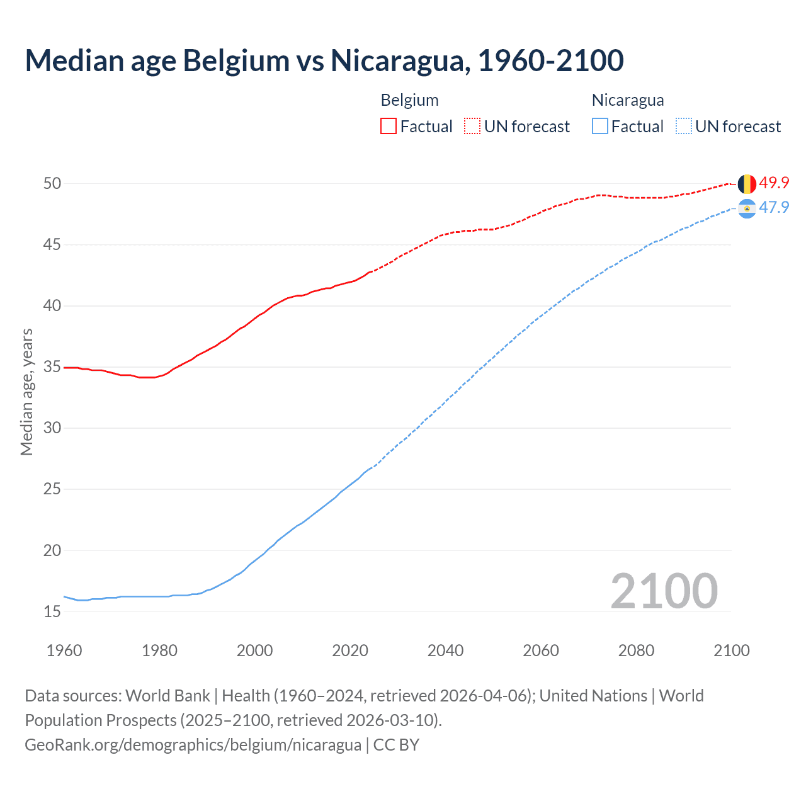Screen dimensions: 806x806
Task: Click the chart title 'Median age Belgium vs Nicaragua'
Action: tap(324, 60)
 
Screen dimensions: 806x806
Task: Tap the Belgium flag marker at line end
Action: tap(747, 184)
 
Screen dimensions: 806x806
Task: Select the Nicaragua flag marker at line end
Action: tap(747, 208)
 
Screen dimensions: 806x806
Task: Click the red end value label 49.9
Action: tap(774, 183)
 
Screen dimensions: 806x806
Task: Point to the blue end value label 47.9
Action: tap(774, 208)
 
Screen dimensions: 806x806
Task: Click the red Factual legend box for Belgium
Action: tap(389, 126)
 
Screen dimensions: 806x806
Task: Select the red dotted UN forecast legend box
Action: tap(472, 126)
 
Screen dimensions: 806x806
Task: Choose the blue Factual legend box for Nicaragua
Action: tap(600, 126)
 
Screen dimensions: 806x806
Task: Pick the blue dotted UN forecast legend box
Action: tap(684, 126)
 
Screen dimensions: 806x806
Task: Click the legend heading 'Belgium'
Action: tap(409, 100)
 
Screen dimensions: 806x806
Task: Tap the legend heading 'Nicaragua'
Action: tap(627, 100)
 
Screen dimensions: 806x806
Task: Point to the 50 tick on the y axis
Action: tap(52, 183)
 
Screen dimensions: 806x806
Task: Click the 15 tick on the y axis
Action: tap(52, 611)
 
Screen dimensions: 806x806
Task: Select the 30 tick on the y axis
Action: tap(52, 428)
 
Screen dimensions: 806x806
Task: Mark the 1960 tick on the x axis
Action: tap(64, 650)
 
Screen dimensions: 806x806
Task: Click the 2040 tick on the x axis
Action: tap(445, 650)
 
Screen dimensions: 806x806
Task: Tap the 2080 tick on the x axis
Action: tap(636, 650)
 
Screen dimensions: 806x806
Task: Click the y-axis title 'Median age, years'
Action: tap(26, 392)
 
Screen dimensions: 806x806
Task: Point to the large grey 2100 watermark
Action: tap(664, 591)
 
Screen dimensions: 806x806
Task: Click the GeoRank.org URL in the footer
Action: tap(193, 745)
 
